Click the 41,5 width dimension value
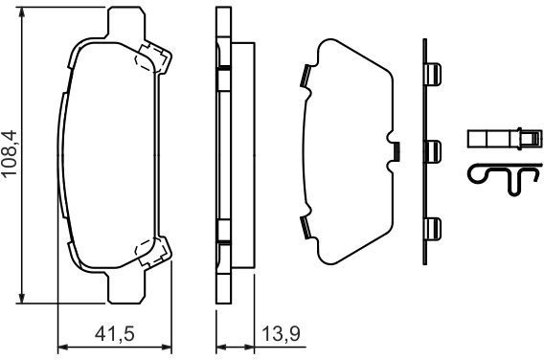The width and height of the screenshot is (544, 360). tap(115, 334)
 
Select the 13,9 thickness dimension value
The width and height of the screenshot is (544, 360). tap(281, 334)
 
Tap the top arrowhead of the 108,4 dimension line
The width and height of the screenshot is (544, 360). tap(22, 12)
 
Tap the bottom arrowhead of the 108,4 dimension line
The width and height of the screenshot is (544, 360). tap(22, 297)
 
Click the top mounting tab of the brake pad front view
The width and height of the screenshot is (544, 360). tap(126, 21)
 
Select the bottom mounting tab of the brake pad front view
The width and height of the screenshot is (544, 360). tap(125, 288)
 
